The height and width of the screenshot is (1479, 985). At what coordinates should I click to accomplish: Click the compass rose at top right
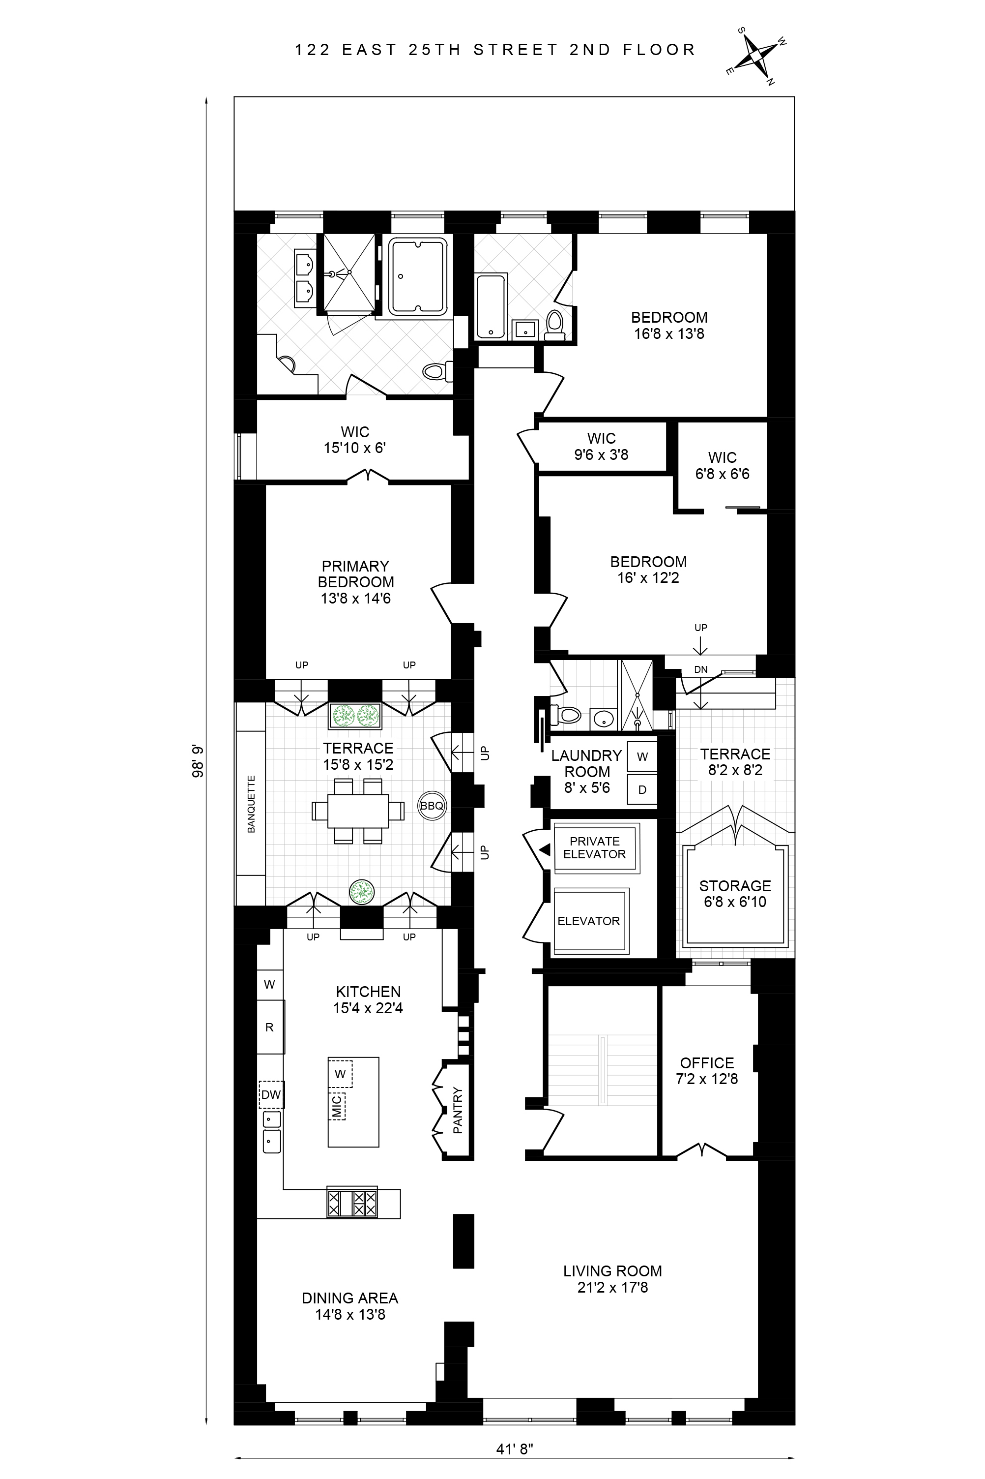(x=757, y=60)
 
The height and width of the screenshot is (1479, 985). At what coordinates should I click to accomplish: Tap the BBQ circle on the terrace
(x=432, y=805)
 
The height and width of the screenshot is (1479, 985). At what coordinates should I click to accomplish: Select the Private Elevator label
(x=594, y=847)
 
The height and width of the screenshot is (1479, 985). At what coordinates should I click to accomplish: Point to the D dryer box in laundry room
(x=642, y=789)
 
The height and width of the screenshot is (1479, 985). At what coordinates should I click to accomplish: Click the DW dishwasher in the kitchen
(x=271, y=1094)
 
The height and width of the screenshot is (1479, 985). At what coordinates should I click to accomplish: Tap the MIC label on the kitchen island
(x=337, y=1106)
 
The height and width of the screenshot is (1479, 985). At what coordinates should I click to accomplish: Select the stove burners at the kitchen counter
(x=352, y=1203)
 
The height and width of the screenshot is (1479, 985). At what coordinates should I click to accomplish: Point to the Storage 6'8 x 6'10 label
(x=735, y=894)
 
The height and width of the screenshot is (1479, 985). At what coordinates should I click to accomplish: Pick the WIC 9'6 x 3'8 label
(x=601, y=446)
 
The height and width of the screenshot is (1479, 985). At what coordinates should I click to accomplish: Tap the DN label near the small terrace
(x=700, y=669)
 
